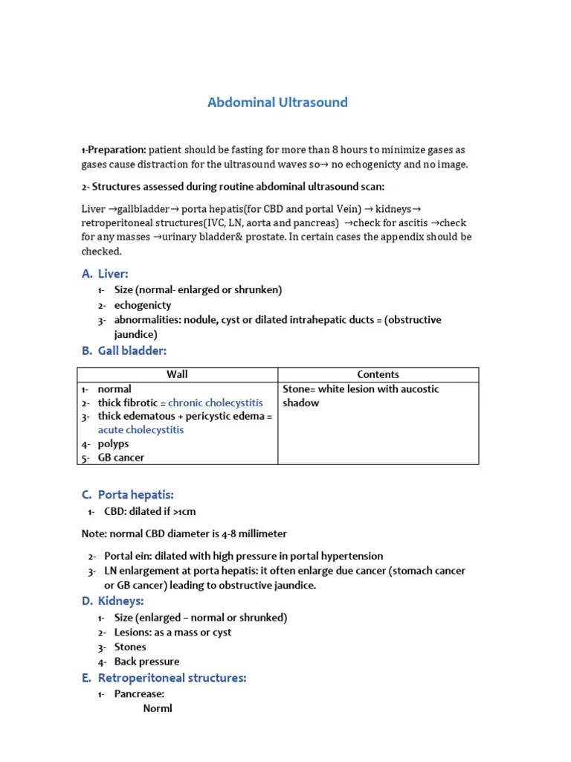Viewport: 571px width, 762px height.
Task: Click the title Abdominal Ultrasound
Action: tap(277, 103)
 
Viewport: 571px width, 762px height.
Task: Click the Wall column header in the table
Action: tap(177, 374)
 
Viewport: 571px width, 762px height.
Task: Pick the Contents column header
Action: tap(378, 374)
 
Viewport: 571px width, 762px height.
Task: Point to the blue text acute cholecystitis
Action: tap(141, 430)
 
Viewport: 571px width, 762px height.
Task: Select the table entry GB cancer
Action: tap(120, 458)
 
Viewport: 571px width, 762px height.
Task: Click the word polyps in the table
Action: tap(113, 444)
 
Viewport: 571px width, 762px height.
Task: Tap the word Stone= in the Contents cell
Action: tap(299, 389)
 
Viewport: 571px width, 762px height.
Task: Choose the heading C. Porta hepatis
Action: tap(138, 495)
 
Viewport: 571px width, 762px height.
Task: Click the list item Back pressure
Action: tap(146, 662)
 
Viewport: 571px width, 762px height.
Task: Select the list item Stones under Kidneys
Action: tap(130, 647)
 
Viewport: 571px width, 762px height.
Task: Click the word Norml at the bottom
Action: tap(157, 708)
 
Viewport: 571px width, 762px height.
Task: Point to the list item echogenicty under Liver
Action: tap(142, 305)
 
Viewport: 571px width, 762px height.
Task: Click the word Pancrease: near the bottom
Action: tap(139, 694)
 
